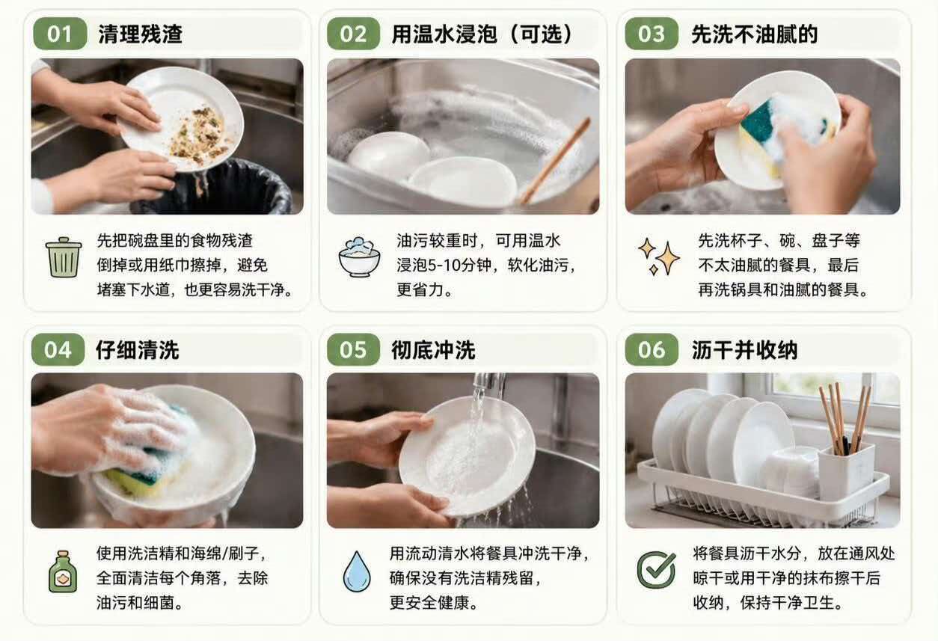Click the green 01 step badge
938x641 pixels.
[x=60, y=34]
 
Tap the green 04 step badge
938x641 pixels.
[x=58, y=349]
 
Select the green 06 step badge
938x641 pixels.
[x=652, y=349]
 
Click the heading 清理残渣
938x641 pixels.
[x=141, y=34]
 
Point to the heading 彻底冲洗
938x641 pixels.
[x=433, y=350]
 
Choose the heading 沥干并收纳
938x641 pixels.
[x=744, y=350]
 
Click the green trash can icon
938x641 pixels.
[x=64, y=257]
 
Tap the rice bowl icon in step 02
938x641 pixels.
[x=359, y=257]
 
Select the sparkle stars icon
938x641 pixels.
[x=659, y=257]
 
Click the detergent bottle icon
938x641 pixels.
[x=63, y=571]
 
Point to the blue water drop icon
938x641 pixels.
[x=357, y=571]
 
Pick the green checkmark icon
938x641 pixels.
[x=656, y=569]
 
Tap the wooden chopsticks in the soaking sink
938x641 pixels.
[x=555, y=160]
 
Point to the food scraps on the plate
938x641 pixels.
[x=200, y=135]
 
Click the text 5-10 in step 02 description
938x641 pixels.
[x=443, y=265]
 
